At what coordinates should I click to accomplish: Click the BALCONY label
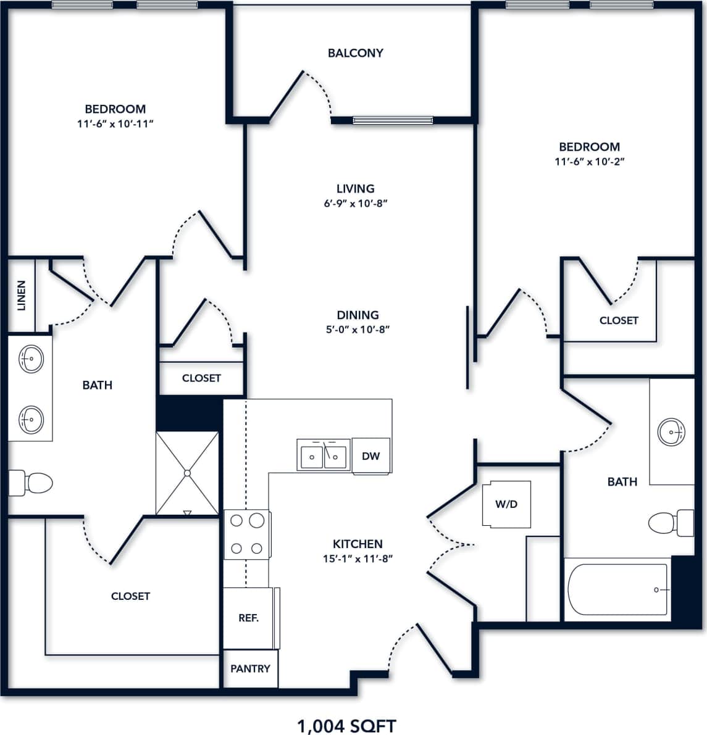coord(355,53)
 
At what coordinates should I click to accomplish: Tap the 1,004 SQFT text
coord(346,726)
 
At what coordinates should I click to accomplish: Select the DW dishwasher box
coord(371,457)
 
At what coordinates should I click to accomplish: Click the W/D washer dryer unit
coord(506,504)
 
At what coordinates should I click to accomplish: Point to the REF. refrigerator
coord(248,618)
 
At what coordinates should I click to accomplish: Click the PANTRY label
coord(250,668)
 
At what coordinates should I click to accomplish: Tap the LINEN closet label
coord(22,296)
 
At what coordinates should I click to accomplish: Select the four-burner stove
coord(246,534)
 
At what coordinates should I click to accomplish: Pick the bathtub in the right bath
coord(617,589)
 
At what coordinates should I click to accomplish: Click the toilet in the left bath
coord(31,483)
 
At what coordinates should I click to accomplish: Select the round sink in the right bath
coord(671,431)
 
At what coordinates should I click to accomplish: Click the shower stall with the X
coord(187,473)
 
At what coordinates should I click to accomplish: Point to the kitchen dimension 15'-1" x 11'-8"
coord(358,559)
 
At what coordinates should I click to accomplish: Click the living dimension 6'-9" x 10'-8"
coord(355,203)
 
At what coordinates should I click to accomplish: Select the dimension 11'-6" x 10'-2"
coord(589,162)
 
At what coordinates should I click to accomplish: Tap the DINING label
coord(358,315)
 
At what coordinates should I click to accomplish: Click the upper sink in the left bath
coord(30,358)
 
